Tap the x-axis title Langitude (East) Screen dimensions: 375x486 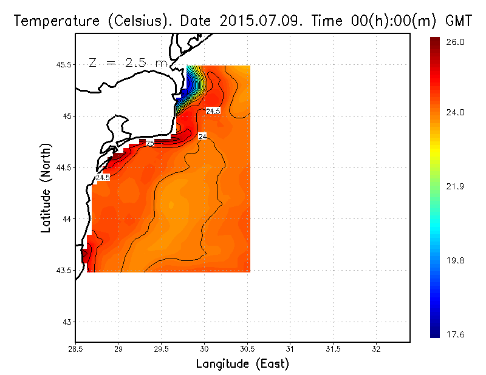pyautogui.click(x=242, y=364)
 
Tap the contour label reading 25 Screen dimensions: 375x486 pyautogui.click(x=150, y=143)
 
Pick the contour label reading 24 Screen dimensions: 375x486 pyautogui.click(x=202, y=137)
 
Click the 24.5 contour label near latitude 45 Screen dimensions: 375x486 pyautogui.click(x=213, y=111)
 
